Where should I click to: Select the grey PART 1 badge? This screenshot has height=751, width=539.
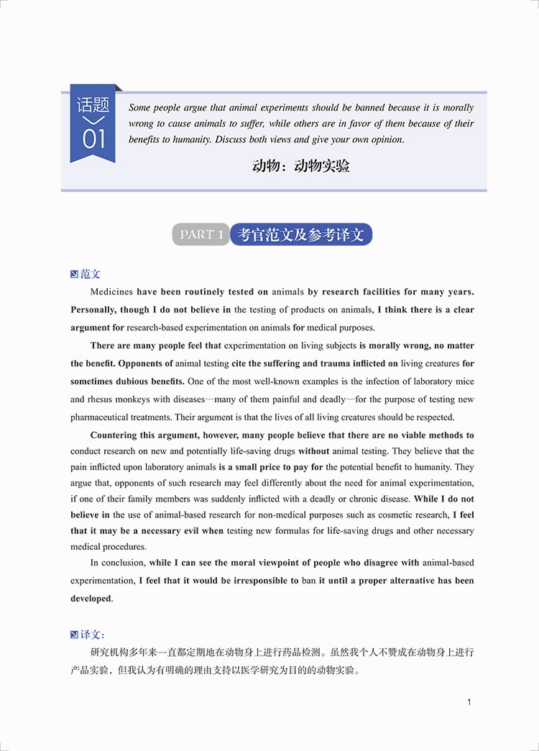coord(201,234)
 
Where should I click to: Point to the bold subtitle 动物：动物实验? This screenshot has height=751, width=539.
coord(301,166)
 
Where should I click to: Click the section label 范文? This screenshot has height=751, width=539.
coord(91,274)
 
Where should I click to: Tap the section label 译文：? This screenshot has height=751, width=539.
coord(93,635)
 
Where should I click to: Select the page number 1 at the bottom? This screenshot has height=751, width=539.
coord(469,702)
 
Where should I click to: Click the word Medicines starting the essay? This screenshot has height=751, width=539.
coord(111,292)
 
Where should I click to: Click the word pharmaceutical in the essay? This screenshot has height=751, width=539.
coord(103,417)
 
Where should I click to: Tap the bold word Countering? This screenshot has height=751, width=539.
coord(117,435)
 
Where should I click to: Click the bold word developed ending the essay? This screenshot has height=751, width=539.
coord(91,599)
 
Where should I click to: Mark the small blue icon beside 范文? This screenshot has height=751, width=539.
coord(74,274)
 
